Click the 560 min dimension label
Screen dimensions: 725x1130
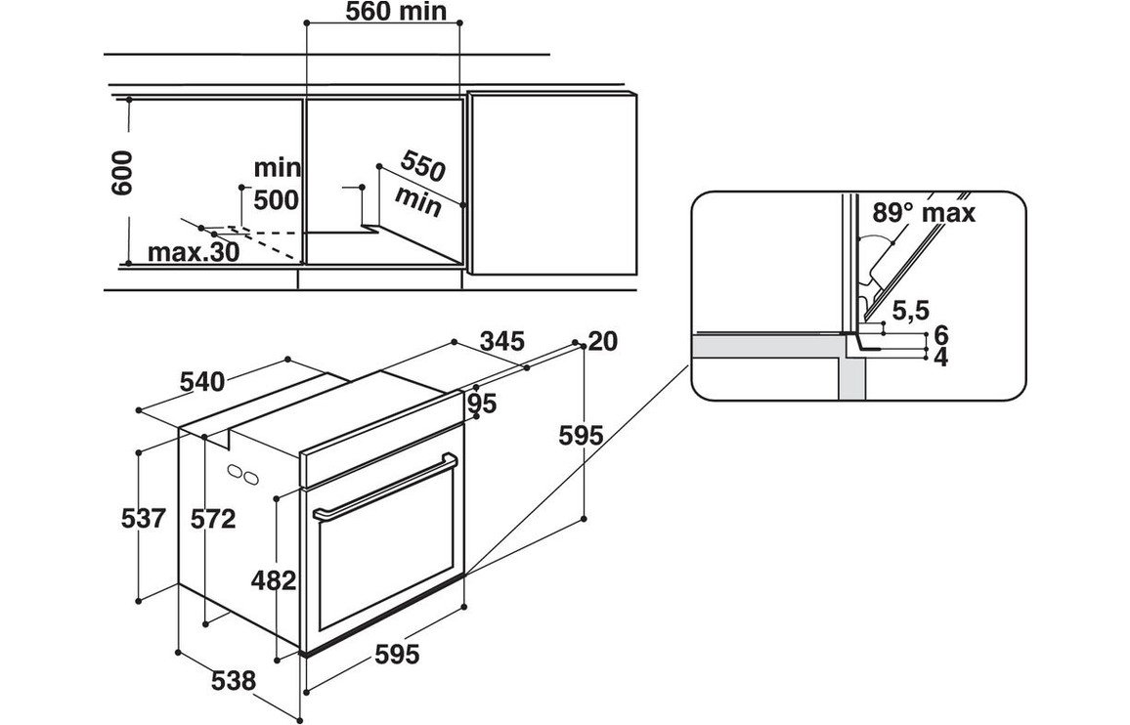pyautogui.click(x=396, y=12)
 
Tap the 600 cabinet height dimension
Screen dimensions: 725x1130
pyautogui.click(x=120, y=174)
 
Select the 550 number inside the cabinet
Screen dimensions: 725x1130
pyautogui.click(x=423, y=167)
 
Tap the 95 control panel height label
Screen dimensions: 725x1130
pyautogui.click(x=482, y=403)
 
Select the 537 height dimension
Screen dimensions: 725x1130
pyautogui.click(x=145, y=518)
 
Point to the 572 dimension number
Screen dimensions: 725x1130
pyautogui.click(x=214, y=520)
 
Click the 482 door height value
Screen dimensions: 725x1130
pyautogui.click(x=274, y=581)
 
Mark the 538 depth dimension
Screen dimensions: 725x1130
pyautogui.click(x=234, y=680)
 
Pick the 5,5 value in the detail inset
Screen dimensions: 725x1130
pyautogui.click(x=910, y=312)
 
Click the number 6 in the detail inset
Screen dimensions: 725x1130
pyautogui.click(x=941, y=336)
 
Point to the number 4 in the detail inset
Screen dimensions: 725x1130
pyautogui.click(x=941, y=358)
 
